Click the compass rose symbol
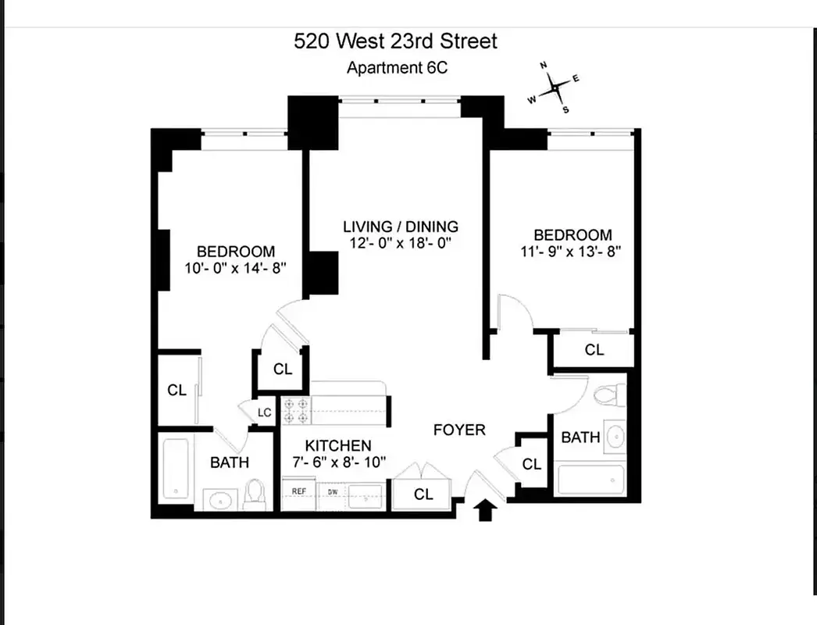[555, 87]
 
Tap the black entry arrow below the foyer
[485, 510]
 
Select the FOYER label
[459, 430]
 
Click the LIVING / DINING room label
[401, 227]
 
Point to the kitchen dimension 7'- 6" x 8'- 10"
[339, 462]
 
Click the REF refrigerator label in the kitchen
[298, 491]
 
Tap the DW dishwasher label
[333, 491]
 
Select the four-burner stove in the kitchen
[296, 410]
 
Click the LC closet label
[264, 412]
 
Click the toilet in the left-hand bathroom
[255, 495]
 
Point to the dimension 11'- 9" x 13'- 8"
[570, 252]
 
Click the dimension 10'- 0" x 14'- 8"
[236, 269]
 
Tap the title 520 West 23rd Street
[395, 41]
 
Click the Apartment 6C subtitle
[397, 68]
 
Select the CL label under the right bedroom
[594, 350]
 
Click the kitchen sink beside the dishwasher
[366, 498]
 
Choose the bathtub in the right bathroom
[590, 479]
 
